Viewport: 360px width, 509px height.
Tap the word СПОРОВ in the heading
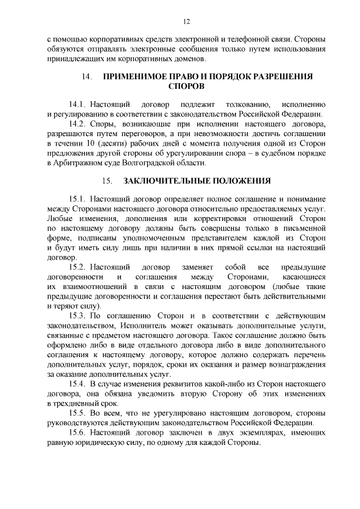pyautogui.click(x=186, y=87)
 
